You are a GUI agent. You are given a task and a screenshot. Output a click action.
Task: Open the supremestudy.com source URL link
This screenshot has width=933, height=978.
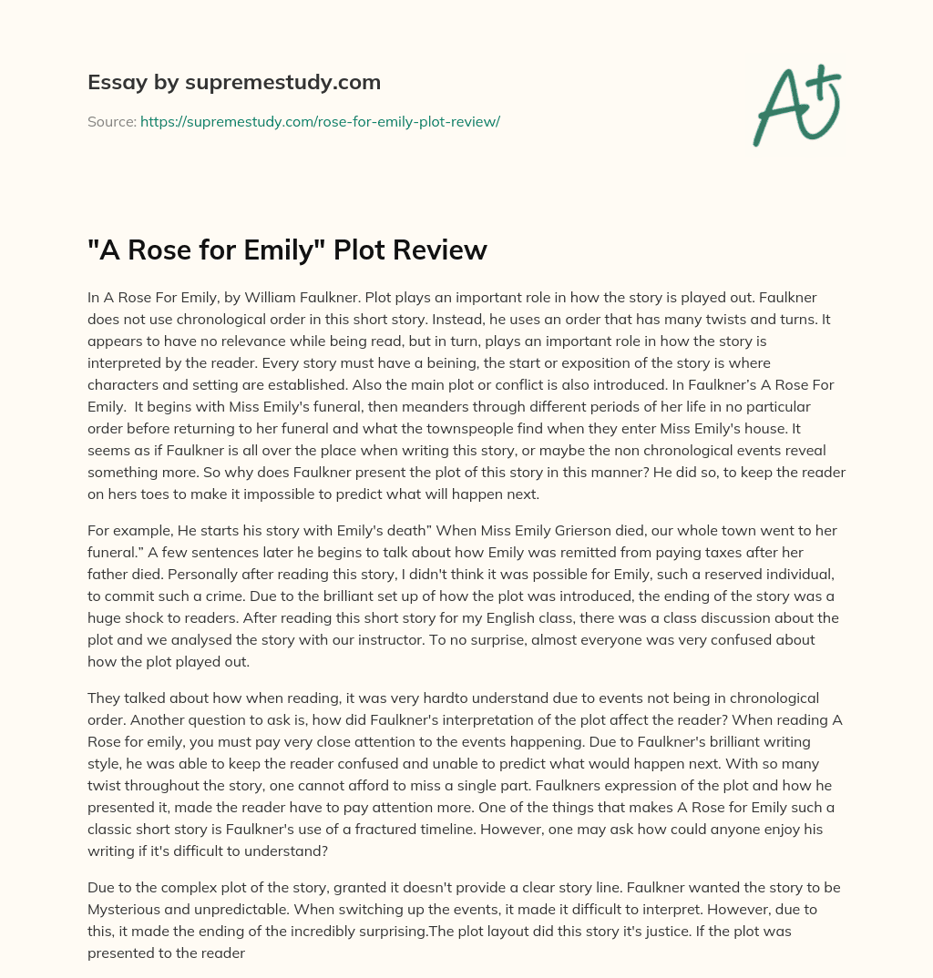[x=320, y=121]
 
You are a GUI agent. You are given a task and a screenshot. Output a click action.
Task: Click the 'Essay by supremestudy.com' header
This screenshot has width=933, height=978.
[x=234, y=83]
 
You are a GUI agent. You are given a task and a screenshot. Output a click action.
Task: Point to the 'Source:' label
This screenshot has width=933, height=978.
[x=111, y=121]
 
